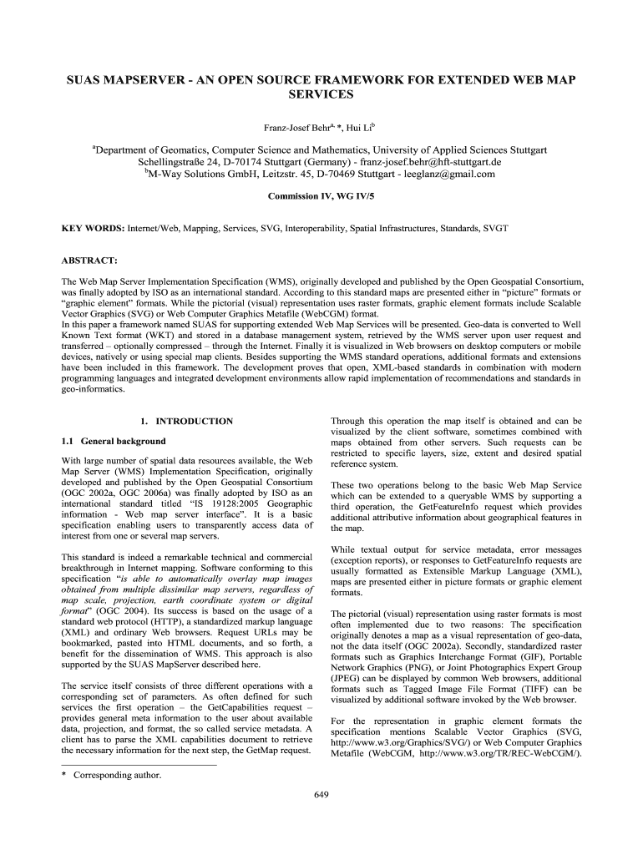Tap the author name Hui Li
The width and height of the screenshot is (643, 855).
360,127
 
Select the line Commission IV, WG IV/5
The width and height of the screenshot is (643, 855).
321,197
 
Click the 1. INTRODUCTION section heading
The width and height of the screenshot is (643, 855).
186,422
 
